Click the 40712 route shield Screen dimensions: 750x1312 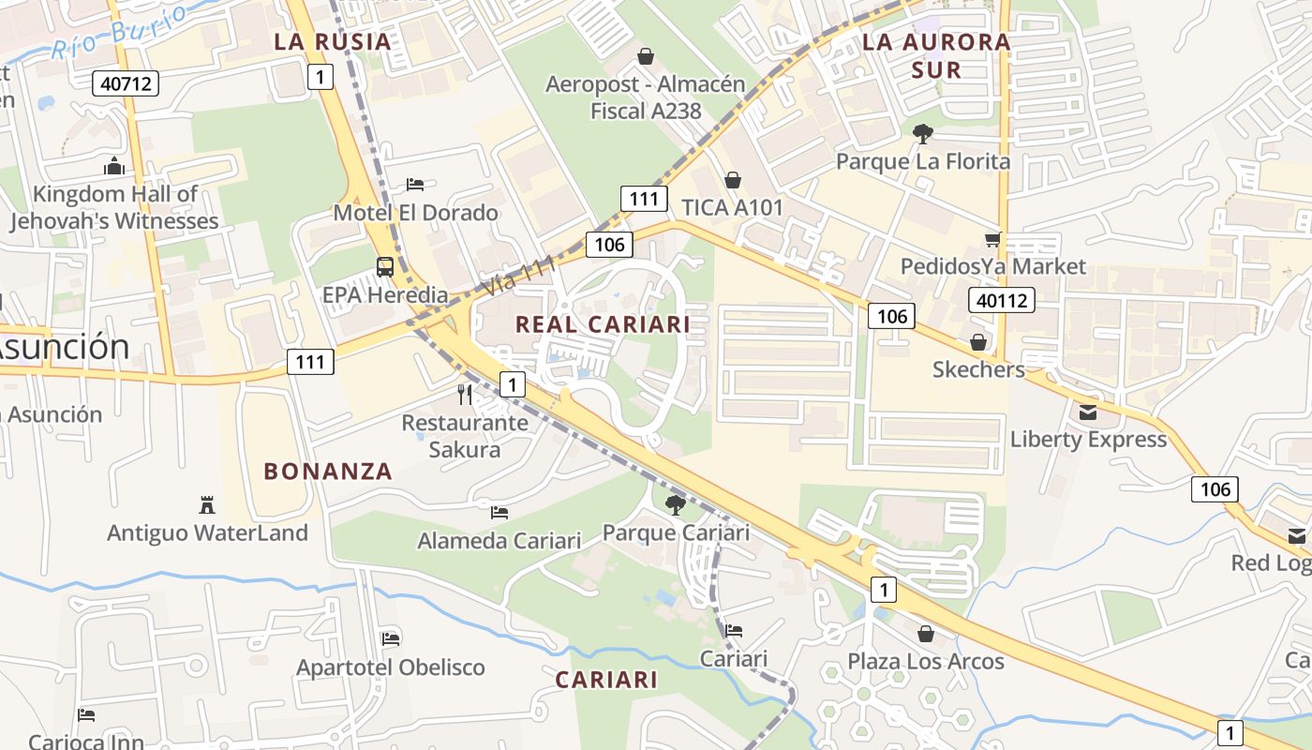(126, 83)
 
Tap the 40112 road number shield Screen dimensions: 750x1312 (1001, 300)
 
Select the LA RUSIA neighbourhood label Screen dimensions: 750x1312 (332, 41)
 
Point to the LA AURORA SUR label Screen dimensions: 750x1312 (936, 55)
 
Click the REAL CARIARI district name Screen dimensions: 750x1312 (603, 324)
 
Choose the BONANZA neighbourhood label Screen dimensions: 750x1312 (328, 472)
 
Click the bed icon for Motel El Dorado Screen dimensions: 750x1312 (415, 184)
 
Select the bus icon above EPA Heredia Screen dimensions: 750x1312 (385, 266)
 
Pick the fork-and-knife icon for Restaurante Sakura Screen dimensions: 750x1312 (465, 394)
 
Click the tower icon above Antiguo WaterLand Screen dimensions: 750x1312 (207, 504)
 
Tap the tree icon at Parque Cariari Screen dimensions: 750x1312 (675, 505)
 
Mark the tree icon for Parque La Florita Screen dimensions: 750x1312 (923, 134)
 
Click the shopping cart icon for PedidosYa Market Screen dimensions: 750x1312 (993, 239)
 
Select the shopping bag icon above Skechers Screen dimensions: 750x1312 (978, 342)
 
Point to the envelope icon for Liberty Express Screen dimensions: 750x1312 (1088, 412)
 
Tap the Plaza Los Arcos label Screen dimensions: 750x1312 (926, 661)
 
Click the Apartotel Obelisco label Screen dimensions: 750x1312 (391, 667)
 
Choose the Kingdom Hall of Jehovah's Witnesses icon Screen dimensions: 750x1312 (114, 167)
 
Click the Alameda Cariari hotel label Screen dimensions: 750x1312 (499, 541)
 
